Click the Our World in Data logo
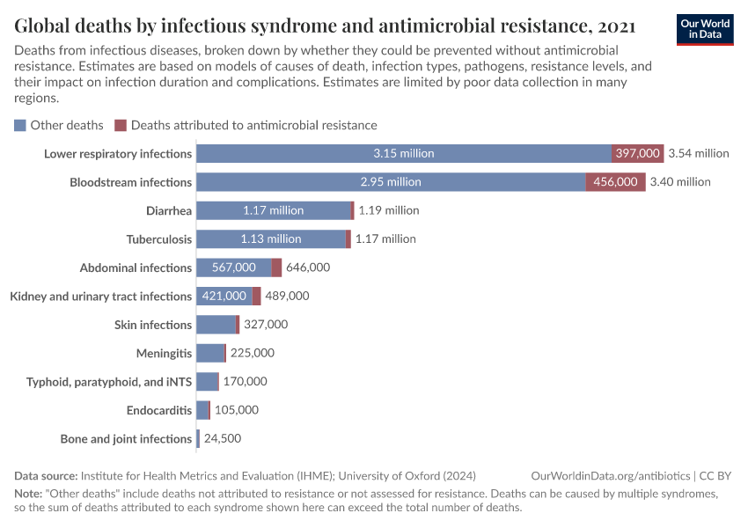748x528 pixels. pyautogui.click(x=705, y=28)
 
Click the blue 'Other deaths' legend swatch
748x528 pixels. pyautogui.click(x=20, y=125)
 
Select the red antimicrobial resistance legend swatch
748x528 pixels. pyautogui.click(x=121, y=125)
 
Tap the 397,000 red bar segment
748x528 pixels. pyautogui.click(x=637, y=153)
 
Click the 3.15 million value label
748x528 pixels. pyautogui.click(x=403, y=153)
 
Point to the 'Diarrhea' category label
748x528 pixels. pyautogui.click(x=169, y=210)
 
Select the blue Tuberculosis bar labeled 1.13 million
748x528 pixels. pyautogui.click(x=271, y=238)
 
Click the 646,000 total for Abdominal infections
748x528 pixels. pyautogui.click(x=308, y=268)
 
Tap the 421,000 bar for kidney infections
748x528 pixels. pyautogui.click(x=224, y=296)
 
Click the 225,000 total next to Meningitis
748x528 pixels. pyautogui.click(x=253, y=353)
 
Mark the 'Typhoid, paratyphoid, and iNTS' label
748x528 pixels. pyautogui.click(x=109, y=382)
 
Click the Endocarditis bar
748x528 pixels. pyautogui.click(x=202, y=410)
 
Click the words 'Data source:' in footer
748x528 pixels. pyautogui.click(x=46, y=475)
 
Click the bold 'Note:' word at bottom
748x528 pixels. pyautogui.click(x=28, y=494)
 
